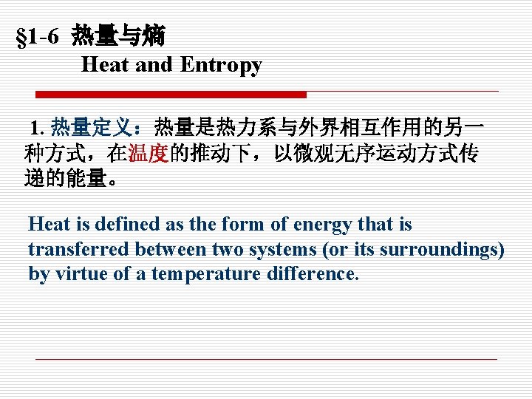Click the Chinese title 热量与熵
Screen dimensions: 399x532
tap(118, 35)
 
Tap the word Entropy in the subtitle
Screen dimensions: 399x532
tap(221, 65)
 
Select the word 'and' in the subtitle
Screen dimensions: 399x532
tap(154, 65)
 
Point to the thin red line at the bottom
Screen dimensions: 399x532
tap(266, 359)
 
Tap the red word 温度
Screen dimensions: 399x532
tap(149, 154)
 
